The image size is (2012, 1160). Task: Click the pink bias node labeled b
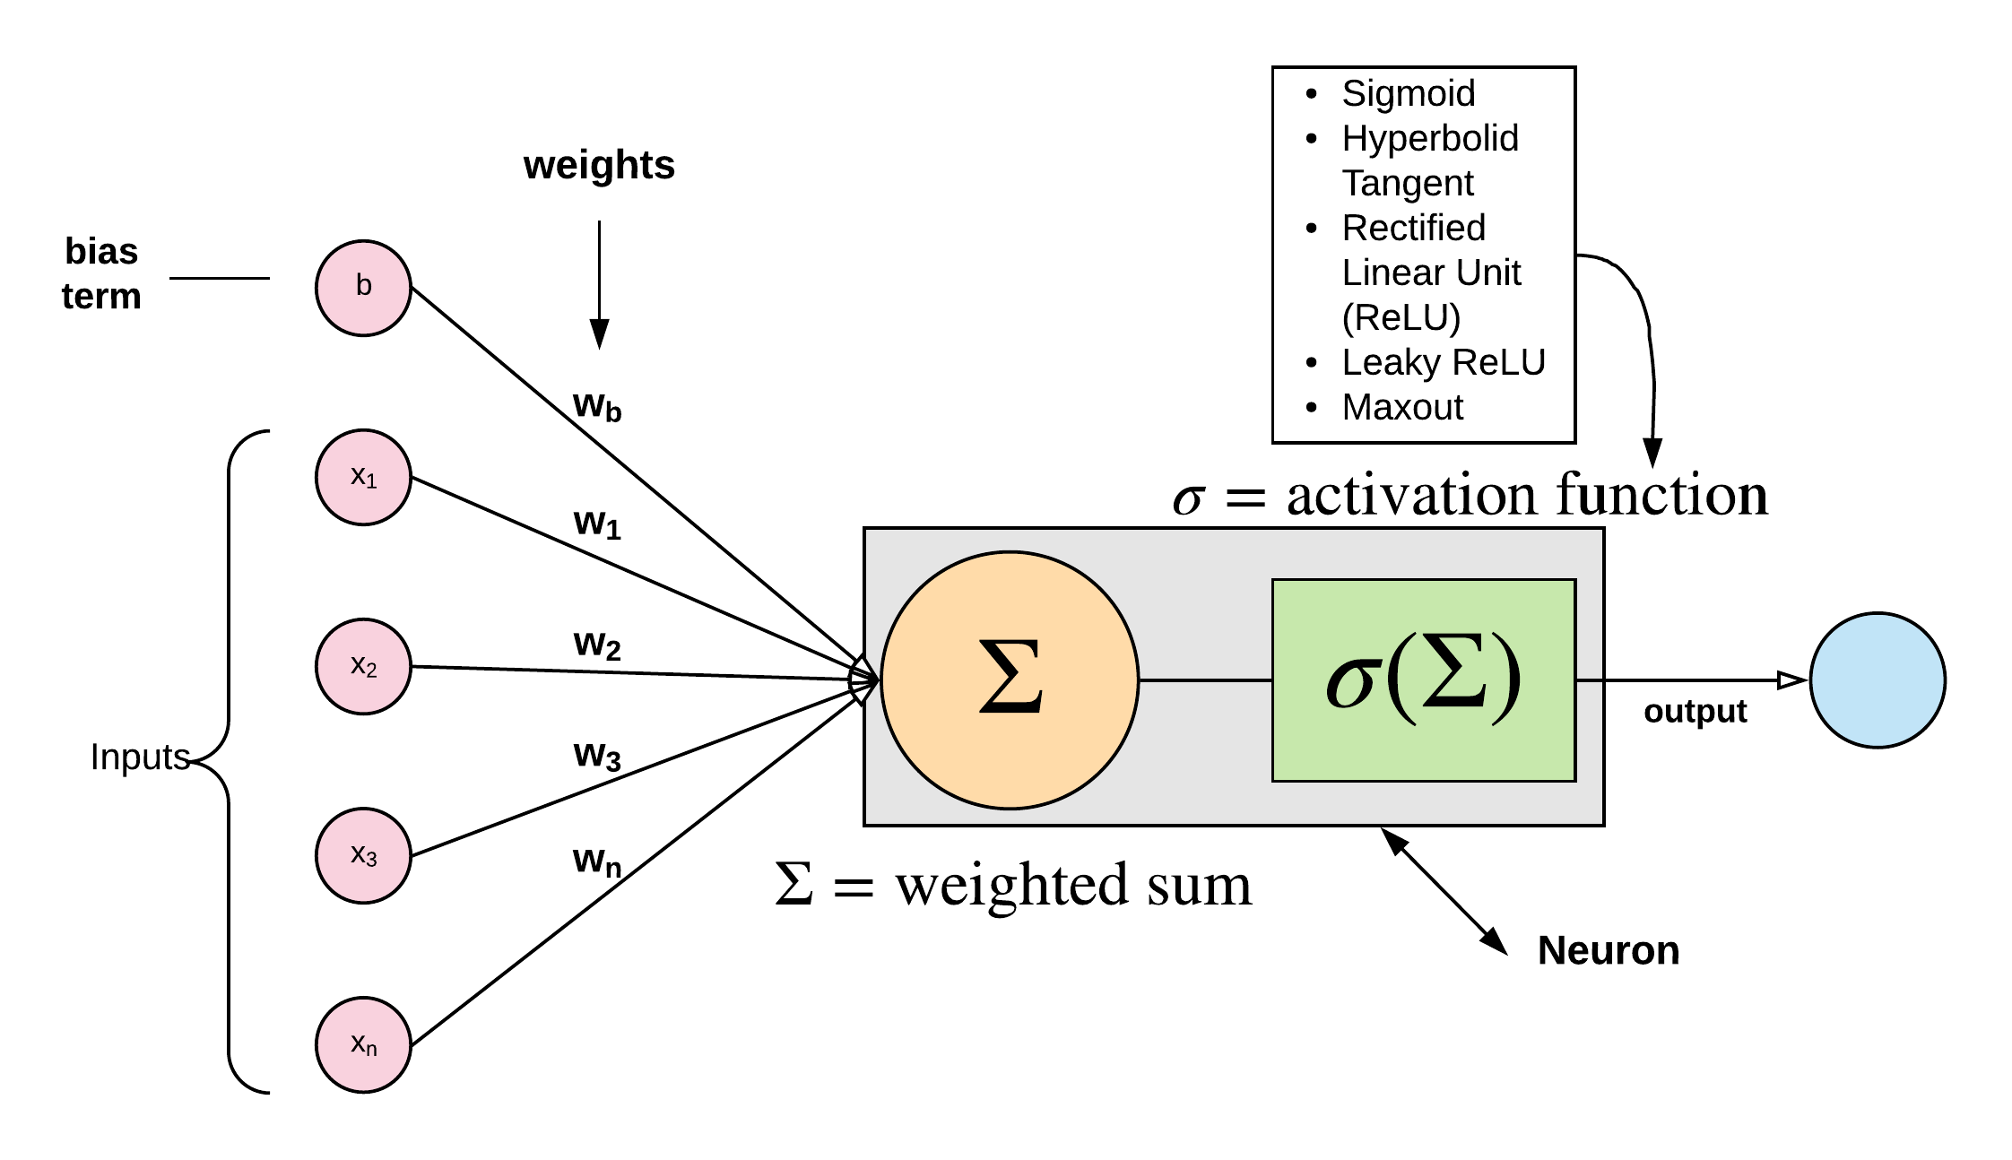[363, 288]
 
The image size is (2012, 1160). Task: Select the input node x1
[363, 477]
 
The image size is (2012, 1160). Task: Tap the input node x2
[363, 666]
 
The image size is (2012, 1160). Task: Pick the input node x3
[363, 855]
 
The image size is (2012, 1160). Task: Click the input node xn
[363, 1044]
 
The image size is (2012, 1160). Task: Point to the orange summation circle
[1010, 680]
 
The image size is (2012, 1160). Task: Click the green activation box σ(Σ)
[1423, 680]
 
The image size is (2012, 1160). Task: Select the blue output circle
[1877, 680]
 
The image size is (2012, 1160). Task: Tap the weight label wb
[597, 406]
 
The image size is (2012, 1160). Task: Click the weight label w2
[597, 645]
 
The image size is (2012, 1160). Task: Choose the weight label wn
[597, 861]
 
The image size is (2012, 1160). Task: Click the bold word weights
[599, 165]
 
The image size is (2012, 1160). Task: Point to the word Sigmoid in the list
[1408, 93]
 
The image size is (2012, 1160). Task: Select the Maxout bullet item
[1402, 407]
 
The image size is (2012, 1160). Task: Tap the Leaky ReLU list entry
[1444, 362]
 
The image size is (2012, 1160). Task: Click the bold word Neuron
[1608, 950]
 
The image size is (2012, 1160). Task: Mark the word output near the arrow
[1695, 711]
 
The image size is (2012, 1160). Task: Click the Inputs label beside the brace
[140, 757]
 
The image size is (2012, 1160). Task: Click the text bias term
[101, 273]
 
